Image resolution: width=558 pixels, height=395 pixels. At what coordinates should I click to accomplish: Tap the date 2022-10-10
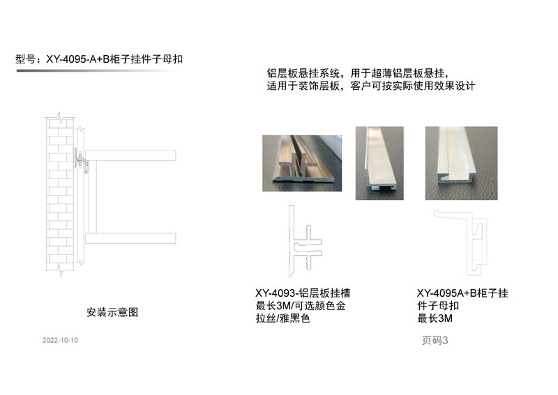[60, 340]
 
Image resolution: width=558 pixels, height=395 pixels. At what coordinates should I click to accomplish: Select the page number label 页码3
[435, 340]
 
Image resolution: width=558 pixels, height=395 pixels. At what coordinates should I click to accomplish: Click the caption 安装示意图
[112, 312]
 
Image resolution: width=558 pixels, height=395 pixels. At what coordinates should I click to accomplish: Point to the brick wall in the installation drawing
[60, 194]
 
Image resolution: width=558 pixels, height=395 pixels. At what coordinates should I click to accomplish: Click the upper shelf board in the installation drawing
[130, 155]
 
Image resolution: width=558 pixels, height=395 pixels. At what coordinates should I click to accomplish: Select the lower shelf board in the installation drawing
[130, 238]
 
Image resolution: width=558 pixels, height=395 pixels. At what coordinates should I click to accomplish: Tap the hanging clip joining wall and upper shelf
[82, 161]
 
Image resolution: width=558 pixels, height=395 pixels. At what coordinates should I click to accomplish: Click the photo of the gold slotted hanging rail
[302, 163]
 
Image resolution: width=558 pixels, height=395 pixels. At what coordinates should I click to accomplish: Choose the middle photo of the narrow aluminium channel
[379, 163]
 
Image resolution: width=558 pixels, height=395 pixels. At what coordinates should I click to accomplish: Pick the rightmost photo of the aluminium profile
[461, 163]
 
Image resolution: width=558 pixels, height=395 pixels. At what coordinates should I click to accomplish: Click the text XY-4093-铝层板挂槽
[303, 293]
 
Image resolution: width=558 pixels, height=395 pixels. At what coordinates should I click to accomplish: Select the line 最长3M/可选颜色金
[301, 306]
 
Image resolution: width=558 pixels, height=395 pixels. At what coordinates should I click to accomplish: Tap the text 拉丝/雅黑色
[283, 318]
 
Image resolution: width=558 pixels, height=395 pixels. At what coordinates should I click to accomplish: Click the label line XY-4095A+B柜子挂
[462, 293]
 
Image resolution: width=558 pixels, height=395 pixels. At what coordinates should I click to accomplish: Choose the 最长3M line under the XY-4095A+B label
[435, 318]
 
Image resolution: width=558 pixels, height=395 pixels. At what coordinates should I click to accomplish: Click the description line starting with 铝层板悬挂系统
[358, 73]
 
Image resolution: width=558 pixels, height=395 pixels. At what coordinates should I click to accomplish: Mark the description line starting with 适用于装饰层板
[371, 86]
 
